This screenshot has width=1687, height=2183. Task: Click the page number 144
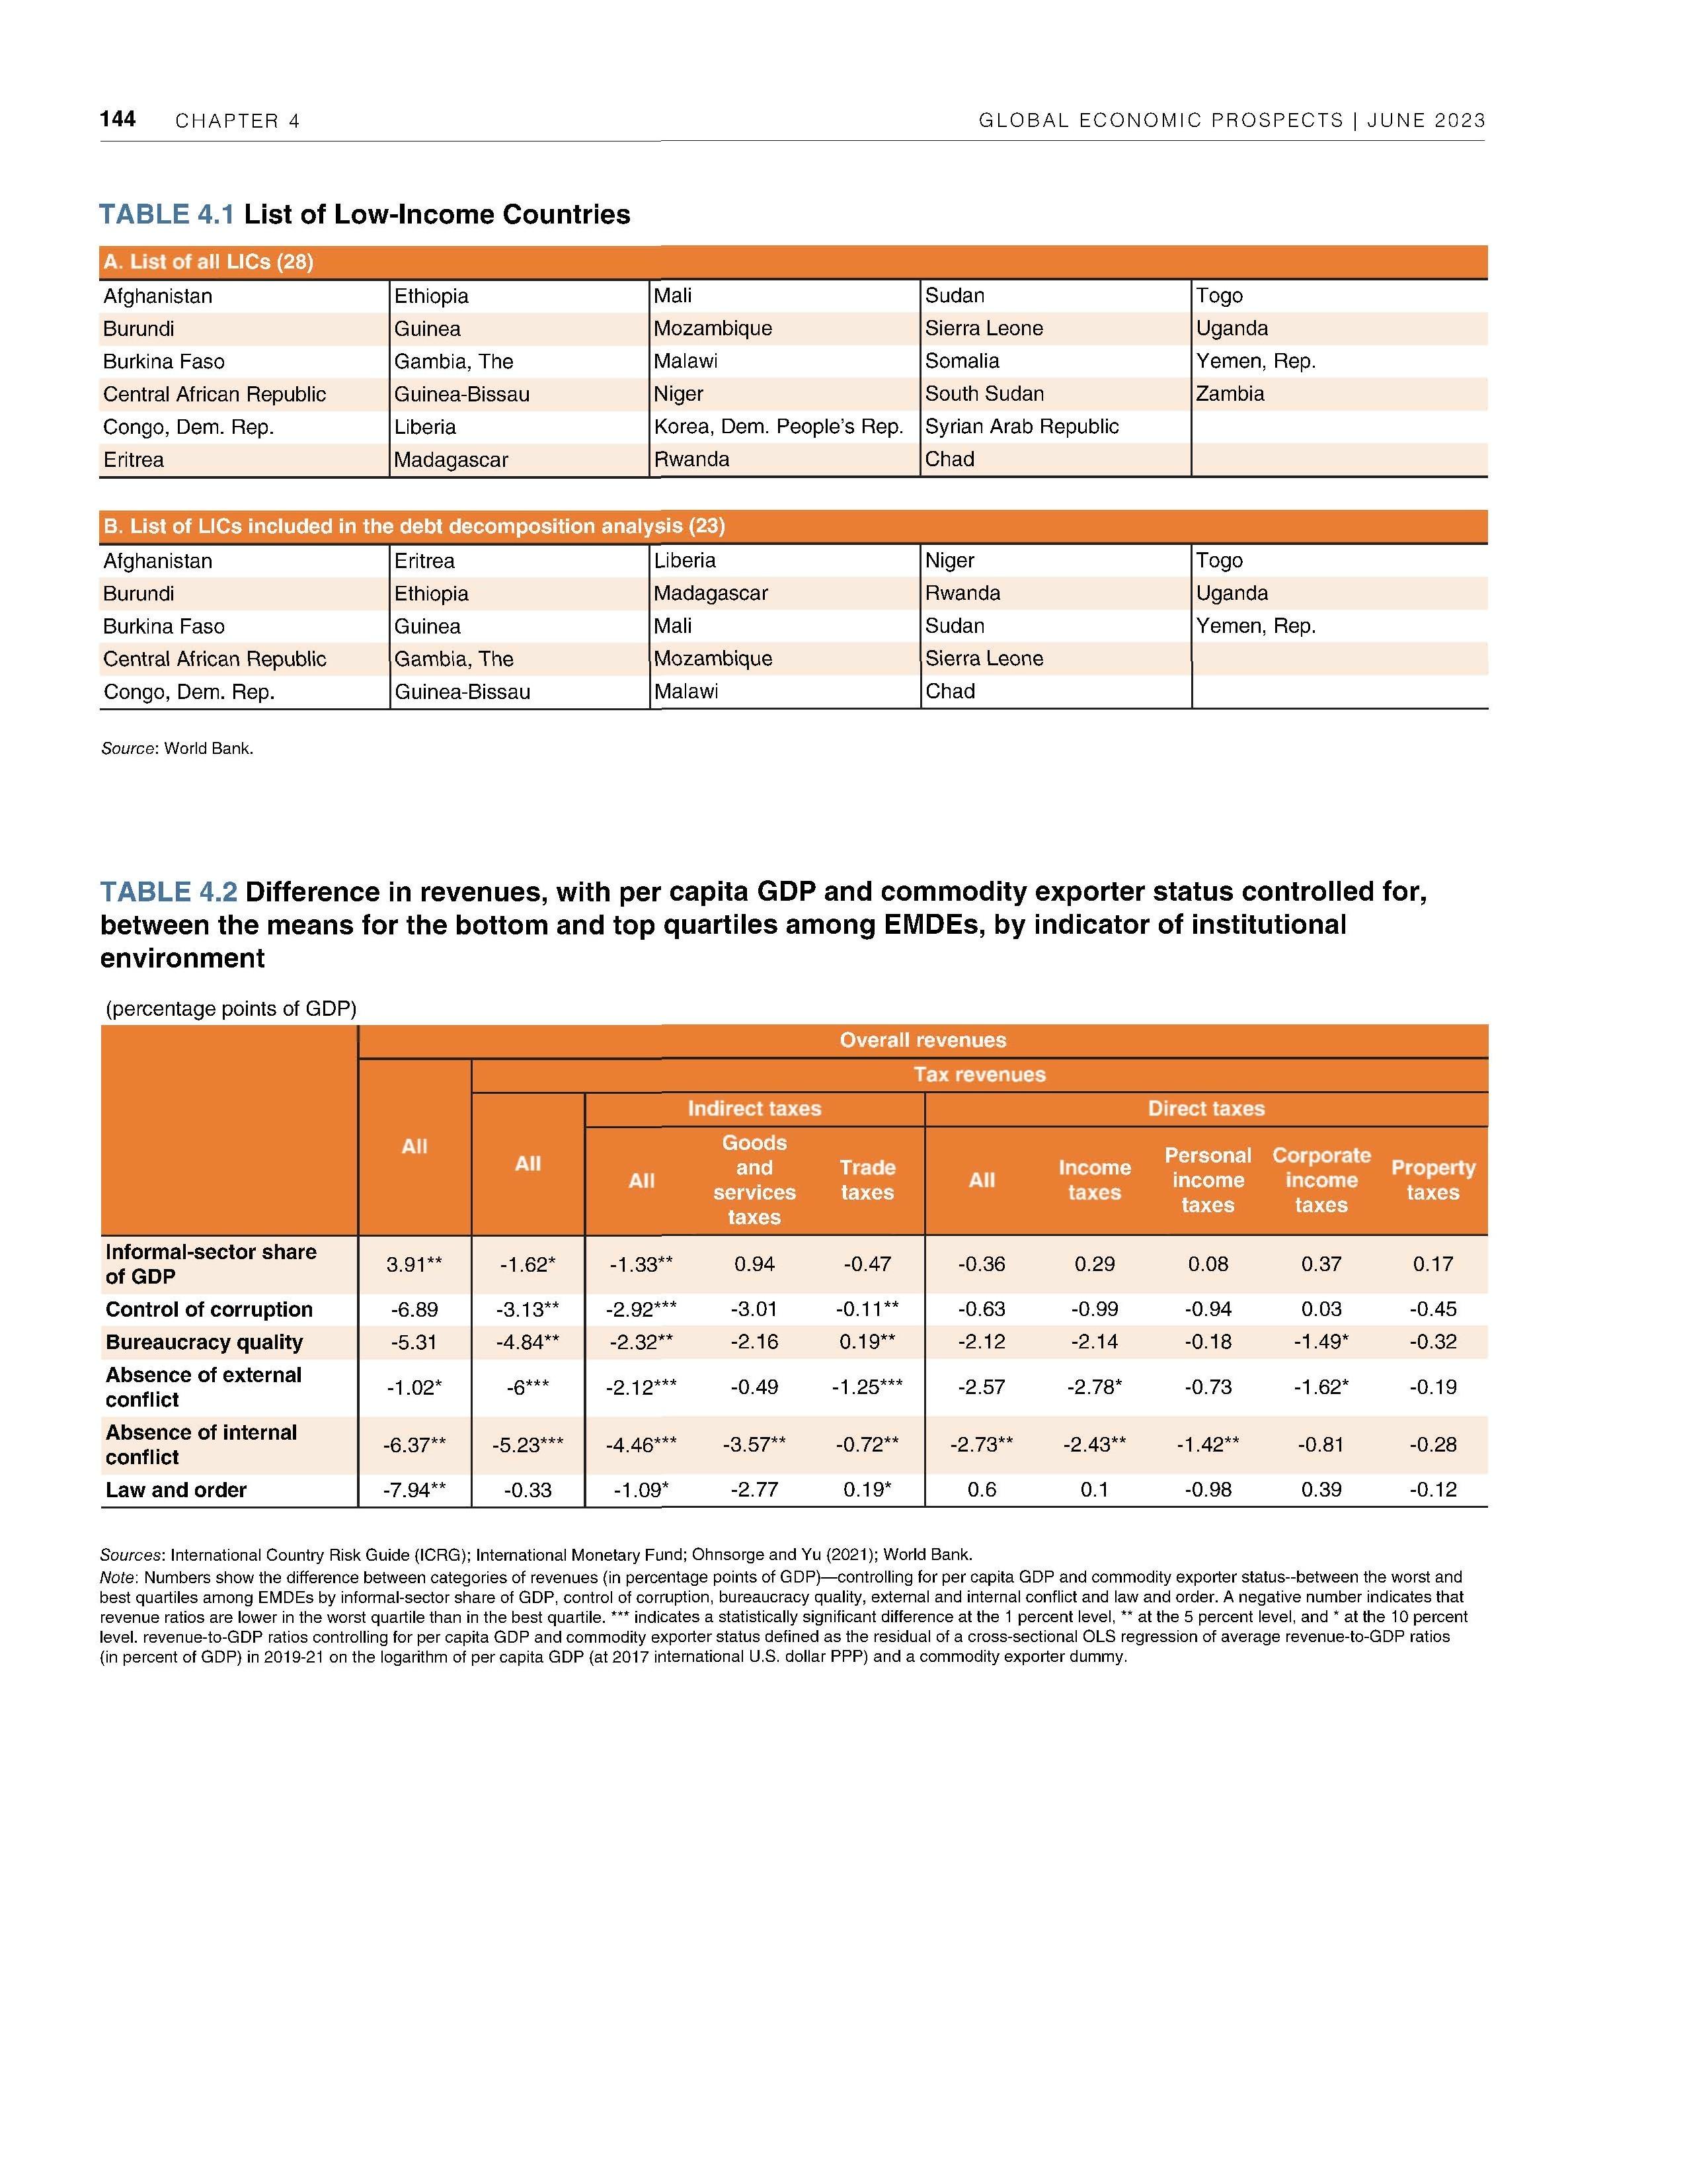[x=117, y=120]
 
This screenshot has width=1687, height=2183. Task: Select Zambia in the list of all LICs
[x=1230, y=394]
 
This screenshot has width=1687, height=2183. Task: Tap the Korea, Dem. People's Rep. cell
[x=777, y=427]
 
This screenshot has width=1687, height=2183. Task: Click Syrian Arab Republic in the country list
[x=1021, y=427]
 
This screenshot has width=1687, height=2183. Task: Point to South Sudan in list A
[x=984, y=394]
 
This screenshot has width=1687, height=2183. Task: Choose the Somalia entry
[x=961, y=361]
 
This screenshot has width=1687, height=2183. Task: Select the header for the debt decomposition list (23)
[x=414, y=526]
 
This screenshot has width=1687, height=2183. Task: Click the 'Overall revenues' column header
[x=922, y=1040]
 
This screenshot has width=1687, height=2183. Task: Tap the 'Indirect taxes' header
[x=754, y=1108]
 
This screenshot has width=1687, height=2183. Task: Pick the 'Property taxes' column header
[x=1432, y=1180]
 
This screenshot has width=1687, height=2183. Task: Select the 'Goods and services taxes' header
[x=754, y=1180]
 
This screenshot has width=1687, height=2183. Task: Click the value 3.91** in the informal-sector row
[x=414, y=1264]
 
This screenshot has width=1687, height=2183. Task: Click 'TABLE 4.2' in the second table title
[x=168, y=891]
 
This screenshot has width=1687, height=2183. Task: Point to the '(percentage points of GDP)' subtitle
[x=231, y=1009]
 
